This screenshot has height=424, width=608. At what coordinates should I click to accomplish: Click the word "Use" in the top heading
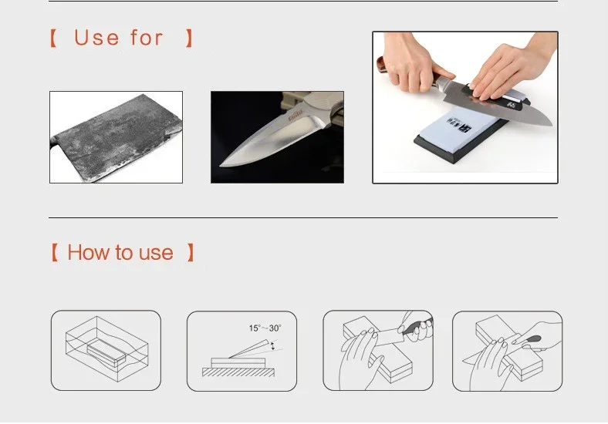click(x=97, y=38)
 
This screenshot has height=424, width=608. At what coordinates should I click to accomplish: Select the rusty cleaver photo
click(x=116, y=137)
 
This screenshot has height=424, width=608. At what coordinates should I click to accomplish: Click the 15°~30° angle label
click(x=265, y=328)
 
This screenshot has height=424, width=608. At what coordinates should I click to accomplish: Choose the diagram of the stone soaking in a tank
click(x=106, y=351)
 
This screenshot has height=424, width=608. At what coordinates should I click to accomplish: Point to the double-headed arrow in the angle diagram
click(x=272, y=347)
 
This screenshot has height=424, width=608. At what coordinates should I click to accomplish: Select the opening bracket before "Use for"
click(x=53, y=38)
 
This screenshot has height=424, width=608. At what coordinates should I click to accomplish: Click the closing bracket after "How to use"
click(x=191, y=253)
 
